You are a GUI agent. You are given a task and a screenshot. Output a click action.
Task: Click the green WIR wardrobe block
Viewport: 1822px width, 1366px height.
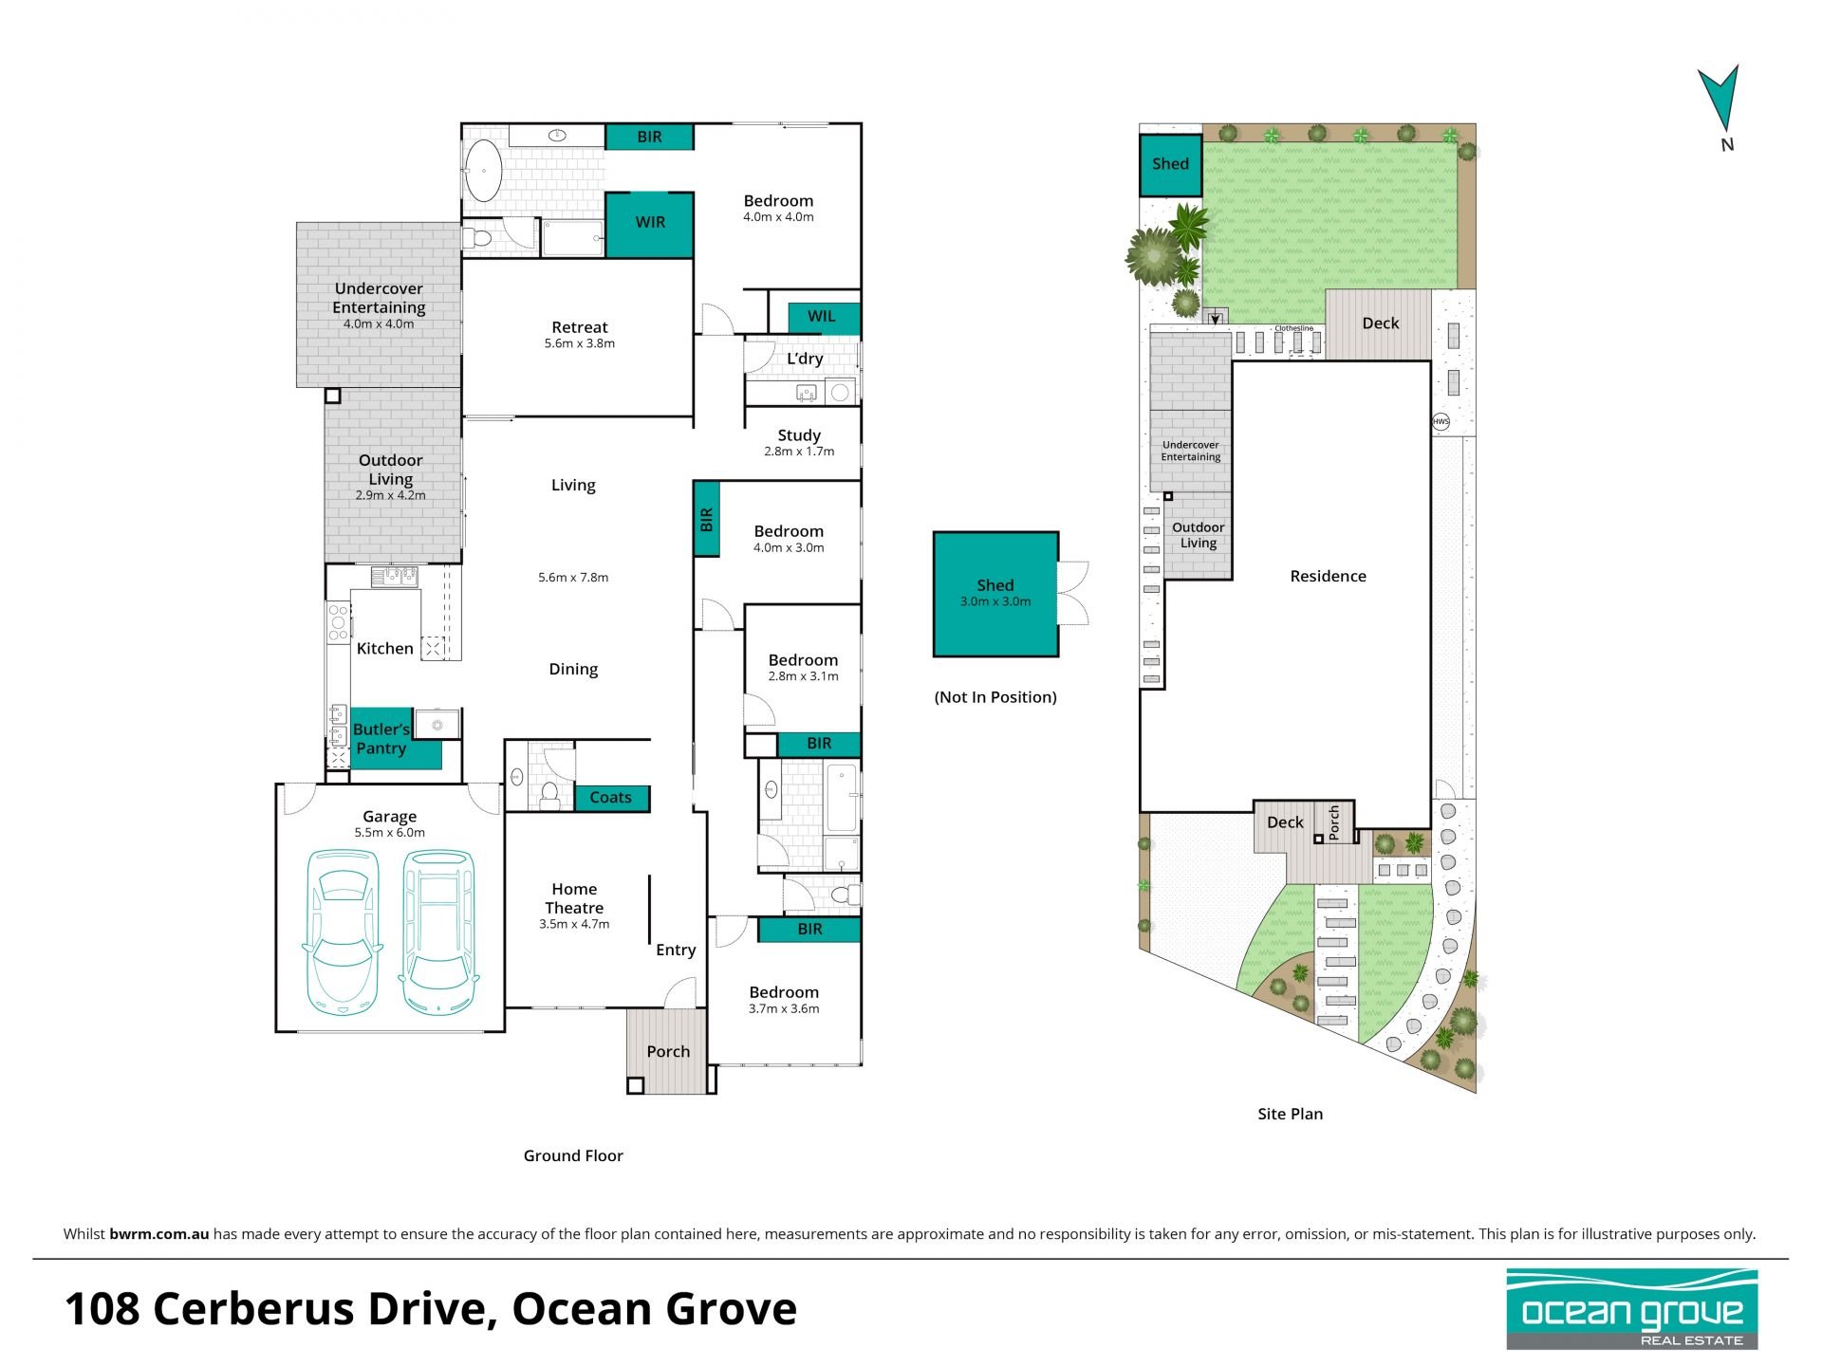(650, 225)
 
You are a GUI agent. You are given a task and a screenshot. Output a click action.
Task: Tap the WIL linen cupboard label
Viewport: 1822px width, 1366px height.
(822, 316)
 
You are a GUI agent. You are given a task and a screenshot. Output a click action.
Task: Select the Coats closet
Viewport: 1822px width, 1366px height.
(612, 798)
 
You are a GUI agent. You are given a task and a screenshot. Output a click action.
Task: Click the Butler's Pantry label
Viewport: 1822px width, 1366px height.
(381, 738)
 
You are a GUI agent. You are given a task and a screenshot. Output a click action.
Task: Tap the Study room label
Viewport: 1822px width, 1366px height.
(799, 435)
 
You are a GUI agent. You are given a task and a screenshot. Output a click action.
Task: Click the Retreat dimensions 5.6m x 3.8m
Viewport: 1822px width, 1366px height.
(580, 343)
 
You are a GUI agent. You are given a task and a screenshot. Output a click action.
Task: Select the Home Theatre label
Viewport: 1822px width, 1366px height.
(574, 898)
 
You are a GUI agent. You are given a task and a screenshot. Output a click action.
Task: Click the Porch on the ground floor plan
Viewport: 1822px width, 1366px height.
(667, 1051)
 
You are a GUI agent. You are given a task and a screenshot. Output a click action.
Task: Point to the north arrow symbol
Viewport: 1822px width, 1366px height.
(1720, 99)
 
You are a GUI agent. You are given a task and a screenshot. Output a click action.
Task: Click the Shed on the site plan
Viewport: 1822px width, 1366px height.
(1171, 164)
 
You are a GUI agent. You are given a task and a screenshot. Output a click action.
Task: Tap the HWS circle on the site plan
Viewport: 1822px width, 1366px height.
(1441, 422)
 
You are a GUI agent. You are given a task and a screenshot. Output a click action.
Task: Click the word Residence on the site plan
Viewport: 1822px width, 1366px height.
(1329, 576)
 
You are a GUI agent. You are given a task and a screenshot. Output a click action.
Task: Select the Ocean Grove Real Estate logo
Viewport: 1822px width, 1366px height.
(1632, 1309)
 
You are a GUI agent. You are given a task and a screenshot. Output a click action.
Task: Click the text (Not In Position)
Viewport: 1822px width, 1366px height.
(995, 697)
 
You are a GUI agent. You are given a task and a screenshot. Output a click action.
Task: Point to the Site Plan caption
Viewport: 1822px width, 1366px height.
(1291, 1114)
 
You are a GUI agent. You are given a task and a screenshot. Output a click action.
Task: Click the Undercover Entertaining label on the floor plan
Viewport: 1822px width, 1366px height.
(379, 298)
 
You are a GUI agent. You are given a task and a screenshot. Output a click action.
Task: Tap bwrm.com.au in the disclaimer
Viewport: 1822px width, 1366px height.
(159, 1234)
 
